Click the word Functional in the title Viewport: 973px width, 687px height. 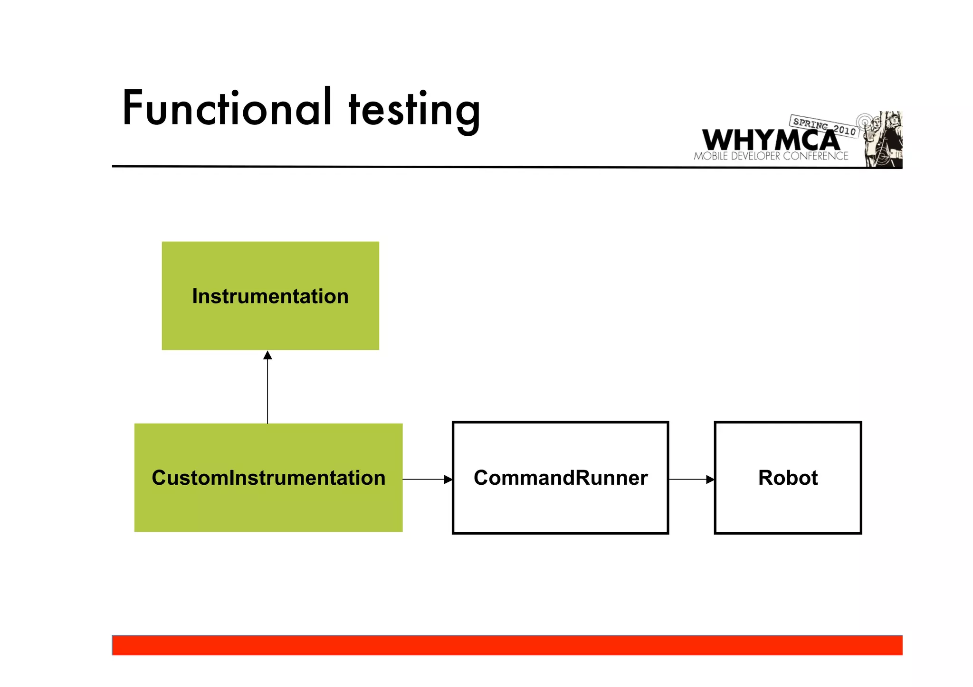(x=227, y=109)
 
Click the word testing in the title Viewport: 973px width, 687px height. (x=414, y=111)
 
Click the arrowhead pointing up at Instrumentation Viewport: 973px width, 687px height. (x=267, y=355)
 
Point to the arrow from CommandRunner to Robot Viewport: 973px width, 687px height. (x=691, y=480)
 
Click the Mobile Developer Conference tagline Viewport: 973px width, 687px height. (x=770, y=156)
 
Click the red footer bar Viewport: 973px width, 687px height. (x=507, y=646)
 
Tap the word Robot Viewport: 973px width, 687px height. (x=788, y=478)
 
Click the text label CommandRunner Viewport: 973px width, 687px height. (x=560, y=478)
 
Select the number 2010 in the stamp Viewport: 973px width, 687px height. (x=844, y=130)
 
